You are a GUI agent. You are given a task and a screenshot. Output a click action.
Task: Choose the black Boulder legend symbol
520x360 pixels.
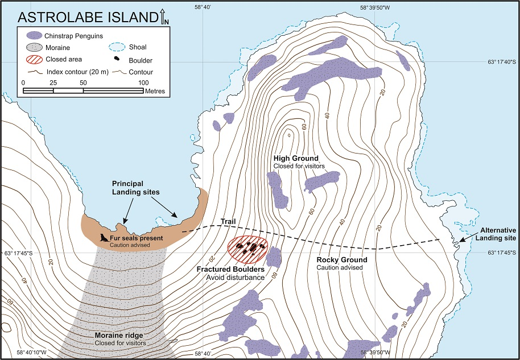click(117, 59)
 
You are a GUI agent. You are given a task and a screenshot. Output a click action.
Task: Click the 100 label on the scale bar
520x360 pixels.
click(143, 83)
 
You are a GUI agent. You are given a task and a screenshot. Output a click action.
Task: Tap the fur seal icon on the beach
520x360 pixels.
click(104, 238)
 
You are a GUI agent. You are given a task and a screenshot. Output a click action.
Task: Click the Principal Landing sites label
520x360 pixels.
click(135, 188)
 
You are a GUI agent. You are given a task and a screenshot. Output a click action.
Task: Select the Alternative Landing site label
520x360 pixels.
click(494, 234)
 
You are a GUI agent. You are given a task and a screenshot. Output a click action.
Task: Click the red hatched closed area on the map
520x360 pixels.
click(247, 247)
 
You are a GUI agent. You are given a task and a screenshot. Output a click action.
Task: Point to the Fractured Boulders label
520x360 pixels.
click(238, 268)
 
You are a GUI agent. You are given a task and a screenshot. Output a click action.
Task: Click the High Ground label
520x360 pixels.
click(296, 158)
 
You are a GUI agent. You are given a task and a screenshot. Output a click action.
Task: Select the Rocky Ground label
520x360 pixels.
click(341, 260)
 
